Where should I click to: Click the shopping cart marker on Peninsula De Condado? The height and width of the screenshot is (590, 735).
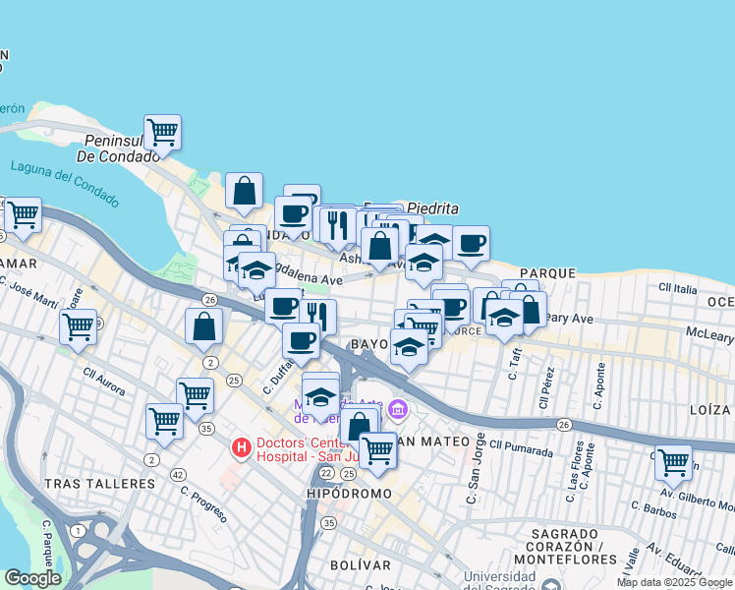[162, 132]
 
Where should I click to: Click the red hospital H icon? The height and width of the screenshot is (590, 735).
[240, 448]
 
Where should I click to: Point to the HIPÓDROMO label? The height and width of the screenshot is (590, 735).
[349, 493]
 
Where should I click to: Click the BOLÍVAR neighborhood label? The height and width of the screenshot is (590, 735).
[360, 564]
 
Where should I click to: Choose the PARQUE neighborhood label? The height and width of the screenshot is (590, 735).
[547, 272]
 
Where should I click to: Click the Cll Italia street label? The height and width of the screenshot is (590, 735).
[679, 288]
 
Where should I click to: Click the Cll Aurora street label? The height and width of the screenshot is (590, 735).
[104, 383]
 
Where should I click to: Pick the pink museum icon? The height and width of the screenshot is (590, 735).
[397, 408]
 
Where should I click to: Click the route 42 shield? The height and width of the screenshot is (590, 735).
[178, 474]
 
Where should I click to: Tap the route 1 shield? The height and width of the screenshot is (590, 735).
[78, 531]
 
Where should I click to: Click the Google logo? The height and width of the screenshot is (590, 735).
[32, 578]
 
